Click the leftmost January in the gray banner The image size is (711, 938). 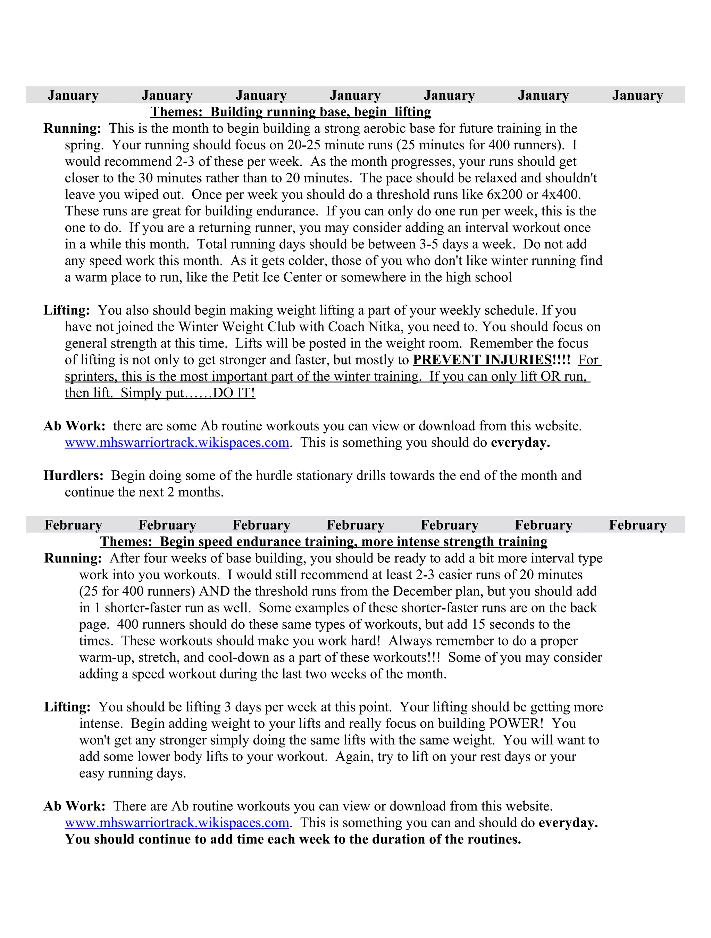73,96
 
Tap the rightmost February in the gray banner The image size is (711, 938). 638,525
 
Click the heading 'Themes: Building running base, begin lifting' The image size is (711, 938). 291,112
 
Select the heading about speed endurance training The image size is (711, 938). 324,542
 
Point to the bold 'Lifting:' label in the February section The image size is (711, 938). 67,707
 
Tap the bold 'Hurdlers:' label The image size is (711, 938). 73,475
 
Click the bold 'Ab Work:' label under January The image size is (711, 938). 75,426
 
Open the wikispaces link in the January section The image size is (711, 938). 177,442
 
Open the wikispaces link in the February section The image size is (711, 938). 177,823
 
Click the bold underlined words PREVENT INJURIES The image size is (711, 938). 482,360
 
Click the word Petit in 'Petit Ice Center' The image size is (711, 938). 246,277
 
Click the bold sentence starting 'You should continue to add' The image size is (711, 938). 293,839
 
